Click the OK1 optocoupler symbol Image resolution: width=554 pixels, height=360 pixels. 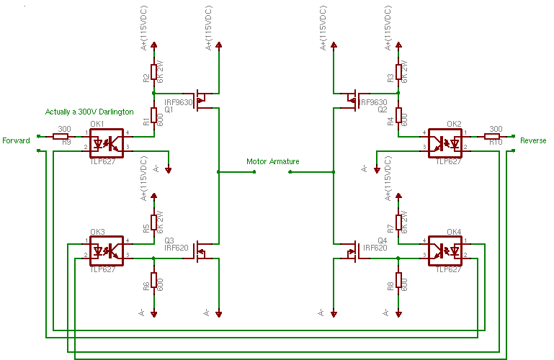(x=107, y=140)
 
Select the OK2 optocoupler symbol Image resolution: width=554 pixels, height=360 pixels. (x=444, y=140)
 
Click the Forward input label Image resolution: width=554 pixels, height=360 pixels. (x=16, y=140)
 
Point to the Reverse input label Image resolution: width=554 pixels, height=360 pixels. (x=533, y=140)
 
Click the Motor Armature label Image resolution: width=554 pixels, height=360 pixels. (x=272, y=162)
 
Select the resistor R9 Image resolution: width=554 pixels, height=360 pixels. (x=61, y=135)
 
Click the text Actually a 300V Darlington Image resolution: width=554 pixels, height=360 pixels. (x=89, y=112)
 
